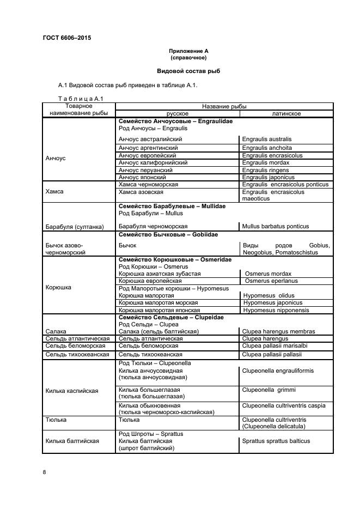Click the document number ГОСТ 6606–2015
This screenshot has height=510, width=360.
pyautogui.click(x=66, y=38)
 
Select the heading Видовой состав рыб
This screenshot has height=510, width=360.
pyautogui.click(x=188, y=71)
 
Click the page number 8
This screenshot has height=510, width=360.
pyautogui.click(x=44, y=472)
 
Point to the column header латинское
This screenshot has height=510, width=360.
pyautogui.click(x=286, y=113)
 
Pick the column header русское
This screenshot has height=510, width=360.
pyautogui.click(x=177, y=113)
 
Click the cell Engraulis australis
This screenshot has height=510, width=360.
pyautogui.click(x=267, y=139)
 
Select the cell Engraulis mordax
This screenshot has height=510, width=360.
pyautogui.click(x=266, y=162)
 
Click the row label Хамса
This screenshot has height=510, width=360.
pyautogui.click(x=54, y=192)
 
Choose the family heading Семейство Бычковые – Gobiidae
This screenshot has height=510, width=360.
pyautogui.click(x=168, y=234)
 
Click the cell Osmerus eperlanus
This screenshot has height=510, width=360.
pyautogui.click(x=271, y=281)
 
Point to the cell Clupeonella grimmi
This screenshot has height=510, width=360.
pyautogui.click(x=270, y=390)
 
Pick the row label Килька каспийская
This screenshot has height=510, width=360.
pyautogui.click(x=72, y=391)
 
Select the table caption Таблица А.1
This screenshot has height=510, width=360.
pyautogui.click(x=81, y=99)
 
